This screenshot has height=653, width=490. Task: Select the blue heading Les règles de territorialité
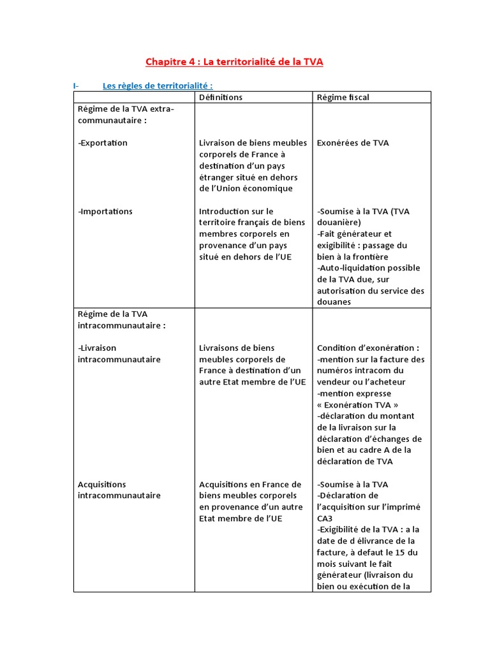[x=158, y=85]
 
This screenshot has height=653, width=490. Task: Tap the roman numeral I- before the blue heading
[x=76, y=85]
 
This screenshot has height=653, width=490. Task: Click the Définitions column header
[x=221, y=97]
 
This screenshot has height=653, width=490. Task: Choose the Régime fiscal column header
[x=343, y=97]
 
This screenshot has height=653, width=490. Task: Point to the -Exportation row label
[x=103, y=143]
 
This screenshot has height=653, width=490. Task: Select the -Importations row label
[x=105, y=211]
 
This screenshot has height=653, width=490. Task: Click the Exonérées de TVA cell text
[x=353, y=143]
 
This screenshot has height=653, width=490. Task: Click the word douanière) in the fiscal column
[x=339, y=223]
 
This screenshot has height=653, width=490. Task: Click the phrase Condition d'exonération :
[x=368, y=348]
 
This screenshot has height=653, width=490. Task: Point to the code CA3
[x=325, y=518]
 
